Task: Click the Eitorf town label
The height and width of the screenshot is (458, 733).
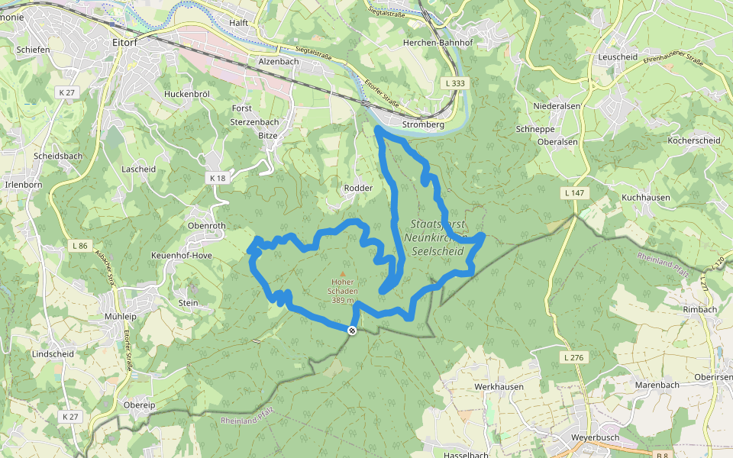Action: point(125,43)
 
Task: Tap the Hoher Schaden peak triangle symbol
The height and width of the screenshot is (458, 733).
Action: point(342,273)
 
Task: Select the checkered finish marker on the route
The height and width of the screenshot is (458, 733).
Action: point(352,331)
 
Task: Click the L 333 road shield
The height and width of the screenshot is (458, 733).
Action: point(453,83)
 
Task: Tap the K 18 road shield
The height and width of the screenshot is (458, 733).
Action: point(218,178)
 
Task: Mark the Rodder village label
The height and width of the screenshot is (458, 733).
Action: point(358,188)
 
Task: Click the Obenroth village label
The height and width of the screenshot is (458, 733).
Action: point(206,226)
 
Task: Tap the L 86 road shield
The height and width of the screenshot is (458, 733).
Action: point(79,246)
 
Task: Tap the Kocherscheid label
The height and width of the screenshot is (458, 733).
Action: point(693,141)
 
